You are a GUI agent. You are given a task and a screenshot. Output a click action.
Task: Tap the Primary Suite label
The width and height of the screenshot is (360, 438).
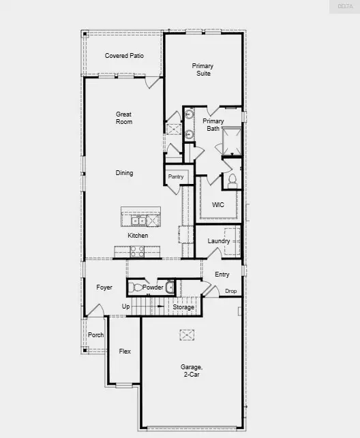pos(202,69)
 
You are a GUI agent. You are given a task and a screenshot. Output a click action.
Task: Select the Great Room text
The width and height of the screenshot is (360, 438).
pos(123,118)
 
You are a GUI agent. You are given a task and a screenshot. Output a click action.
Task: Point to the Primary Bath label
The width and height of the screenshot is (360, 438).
pos(213,125)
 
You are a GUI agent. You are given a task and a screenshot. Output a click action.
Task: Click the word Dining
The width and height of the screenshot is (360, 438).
pos(123,173)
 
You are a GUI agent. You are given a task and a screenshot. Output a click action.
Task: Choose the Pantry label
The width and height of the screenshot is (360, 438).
pos(176,176)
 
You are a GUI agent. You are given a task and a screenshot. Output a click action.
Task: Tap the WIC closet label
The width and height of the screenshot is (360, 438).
pos(217,204)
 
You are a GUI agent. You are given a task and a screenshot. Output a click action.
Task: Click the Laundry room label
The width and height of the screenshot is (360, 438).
pos(218,241)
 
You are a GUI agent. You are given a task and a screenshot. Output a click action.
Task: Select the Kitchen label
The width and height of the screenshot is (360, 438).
pos(138,236)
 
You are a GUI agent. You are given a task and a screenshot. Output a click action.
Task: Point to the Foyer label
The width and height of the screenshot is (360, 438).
pos(104,287)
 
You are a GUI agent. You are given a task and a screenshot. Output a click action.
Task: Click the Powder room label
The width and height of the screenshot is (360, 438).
pos(153,287)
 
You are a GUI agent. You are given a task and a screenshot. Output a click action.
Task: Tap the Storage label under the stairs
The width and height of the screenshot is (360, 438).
pos(183,307)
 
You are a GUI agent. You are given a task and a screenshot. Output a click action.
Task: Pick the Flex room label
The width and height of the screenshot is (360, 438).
pos(125,351)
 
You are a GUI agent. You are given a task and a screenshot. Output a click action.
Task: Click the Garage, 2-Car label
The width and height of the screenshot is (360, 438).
pos(191,370)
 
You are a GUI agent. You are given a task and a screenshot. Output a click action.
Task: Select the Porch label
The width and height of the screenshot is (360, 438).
pos(95,334)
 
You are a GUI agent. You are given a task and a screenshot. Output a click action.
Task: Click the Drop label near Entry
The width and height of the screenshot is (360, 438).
pos(231,291)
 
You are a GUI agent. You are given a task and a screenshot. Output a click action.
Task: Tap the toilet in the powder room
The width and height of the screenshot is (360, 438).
pos(136,287)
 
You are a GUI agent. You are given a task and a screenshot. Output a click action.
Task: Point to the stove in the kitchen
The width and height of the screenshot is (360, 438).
pos(137,251)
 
